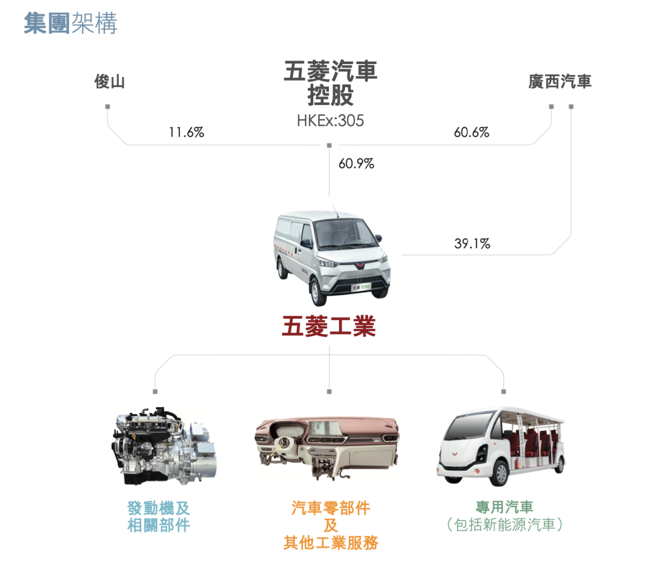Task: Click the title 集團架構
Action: coord(71,23)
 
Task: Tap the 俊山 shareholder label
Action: coord(109,81)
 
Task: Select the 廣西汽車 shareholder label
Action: coord(560,81)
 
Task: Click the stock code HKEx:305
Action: coord(330,121)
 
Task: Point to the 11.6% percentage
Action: coord(187,132)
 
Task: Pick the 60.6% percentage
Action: coord(471,132)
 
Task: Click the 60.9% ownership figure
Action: coord(356,164)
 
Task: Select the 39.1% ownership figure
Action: coord(472,243)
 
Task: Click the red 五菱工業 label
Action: coord(329,326)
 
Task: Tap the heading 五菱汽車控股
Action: coord(331,83)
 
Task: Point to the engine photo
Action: coord(164,446)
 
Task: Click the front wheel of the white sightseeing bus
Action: coord(499,473)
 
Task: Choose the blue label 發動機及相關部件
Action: coord(158,517)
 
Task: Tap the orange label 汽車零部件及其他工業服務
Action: coord(331,525)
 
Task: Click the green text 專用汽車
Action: coord(504,507)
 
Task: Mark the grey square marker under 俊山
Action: coord(107,107)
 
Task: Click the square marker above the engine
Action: coord(155,392)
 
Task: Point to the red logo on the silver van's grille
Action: coord(359,265)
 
